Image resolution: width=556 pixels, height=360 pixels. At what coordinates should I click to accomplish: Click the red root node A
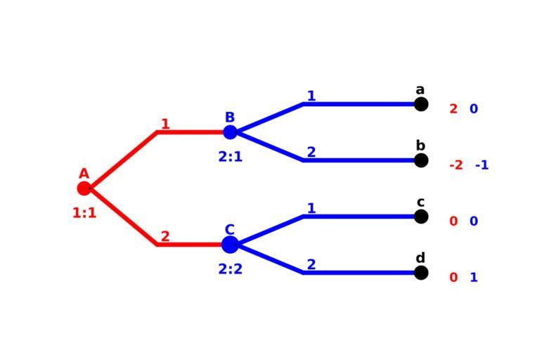84,188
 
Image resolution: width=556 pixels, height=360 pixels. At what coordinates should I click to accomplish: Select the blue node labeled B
230,132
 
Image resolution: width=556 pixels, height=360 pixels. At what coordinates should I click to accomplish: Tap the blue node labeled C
230,245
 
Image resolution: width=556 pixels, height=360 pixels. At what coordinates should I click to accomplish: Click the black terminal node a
421,104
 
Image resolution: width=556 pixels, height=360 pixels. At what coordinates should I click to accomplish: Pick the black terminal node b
421,160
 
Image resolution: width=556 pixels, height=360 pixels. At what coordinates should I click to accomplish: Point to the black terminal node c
421,217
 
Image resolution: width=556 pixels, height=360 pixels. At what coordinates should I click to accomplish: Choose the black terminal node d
421,273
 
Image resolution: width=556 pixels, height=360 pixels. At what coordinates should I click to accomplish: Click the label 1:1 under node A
84,212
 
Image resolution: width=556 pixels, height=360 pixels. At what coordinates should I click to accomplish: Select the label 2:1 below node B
230,157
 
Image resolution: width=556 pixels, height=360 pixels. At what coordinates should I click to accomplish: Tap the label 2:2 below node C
230,269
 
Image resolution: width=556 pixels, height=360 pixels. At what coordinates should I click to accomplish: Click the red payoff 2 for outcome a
453,109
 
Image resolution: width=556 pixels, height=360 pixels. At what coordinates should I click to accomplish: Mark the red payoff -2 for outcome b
456,165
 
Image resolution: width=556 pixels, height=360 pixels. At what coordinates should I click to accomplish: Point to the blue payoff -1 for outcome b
481,165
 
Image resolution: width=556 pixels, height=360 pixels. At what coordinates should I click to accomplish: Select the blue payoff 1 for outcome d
474,278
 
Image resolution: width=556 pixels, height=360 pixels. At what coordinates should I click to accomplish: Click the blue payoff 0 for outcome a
474,109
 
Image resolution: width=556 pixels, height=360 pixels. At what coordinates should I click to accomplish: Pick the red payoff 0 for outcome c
453,221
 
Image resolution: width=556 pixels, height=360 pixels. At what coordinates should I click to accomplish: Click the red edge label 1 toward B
165,124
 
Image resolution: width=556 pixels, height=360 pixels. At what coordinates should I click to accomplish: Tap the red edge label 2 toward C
165,237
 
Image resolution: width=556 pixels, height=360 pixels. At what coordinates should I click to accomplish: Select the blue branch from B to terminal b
351,160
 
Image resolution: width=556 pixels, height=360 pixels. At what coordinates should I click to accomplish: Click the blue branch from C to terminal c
351,217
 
